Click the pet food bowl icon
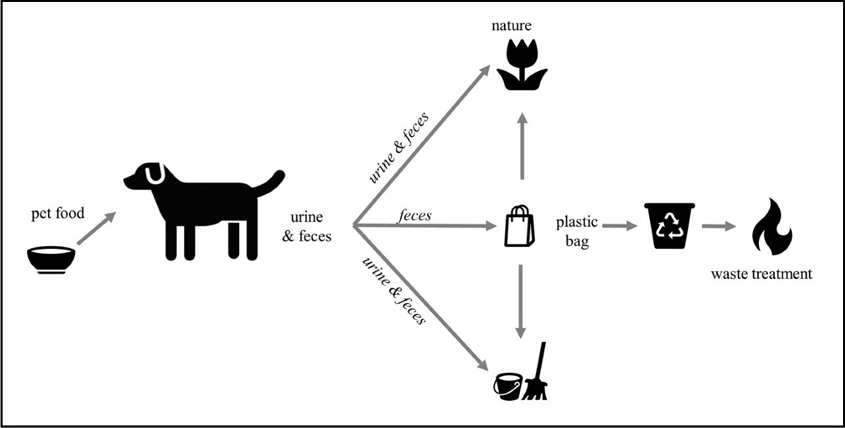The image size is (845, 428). (x=51, y=260)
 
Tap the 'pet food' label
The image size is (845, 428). (x=58, y=213)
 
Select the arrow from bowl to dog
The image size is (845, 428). (x=96, y=228)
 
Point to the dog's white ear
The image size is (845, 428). (x=154, y=174)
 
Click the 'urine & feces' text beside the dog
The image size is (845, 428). (x=307, y=226)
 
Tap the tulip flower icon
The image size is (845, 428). (x=522, y=65)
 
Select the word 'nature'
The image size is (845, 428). (x=511, y=26)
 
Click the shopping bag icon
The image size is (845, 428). (x=520, y=226)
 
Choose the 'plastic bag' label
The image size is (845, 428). (x=577, y=231)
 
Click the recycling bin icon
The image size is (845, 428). (x=670, y=226)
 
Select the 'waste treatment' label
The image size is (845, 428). (x=762, y=274)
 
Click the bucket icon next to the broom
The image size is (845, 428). (x=508, y=387)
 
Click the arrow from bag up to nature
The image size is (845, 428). (x=522, y=146)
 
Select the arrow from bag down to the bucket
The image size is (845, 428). (x=520, y=302)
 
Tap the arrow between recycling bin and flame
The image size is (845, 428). (x=719, y=226)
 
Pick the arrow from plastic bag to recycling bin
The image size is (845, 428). (x=620, y=226)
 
